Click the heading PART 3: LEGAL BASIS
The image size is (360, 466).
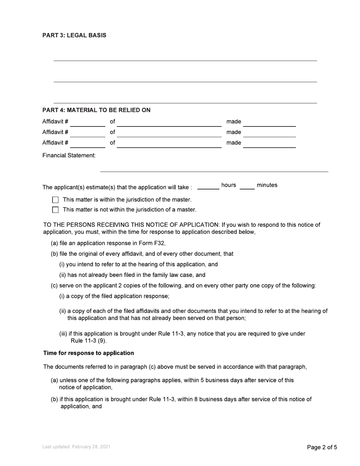point(74,35)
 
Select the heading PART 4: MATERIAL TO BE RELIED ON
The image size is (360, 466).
point(96,110)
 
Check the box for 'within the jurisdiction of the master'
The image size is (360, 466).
point(55,200)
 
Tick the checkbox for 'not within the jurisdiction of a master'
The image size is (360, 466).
point(55,210)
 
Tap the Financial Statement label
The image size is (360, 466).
point(69,155)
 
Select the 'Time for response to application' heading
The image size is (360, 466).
point(88,353)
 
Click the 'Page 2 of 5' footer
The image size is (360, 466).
point(322,447)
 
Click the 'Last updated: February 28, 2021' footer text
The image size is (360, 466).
point(76,447)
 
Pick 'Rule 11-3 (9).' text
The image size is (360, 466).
point(89,341)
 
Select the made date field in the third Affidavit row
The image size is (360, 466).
point(269,144)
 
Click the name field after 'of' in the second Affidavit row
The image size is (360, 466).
point(169,133)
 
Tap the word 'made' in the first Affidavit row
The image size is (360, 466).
point(233,122)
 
